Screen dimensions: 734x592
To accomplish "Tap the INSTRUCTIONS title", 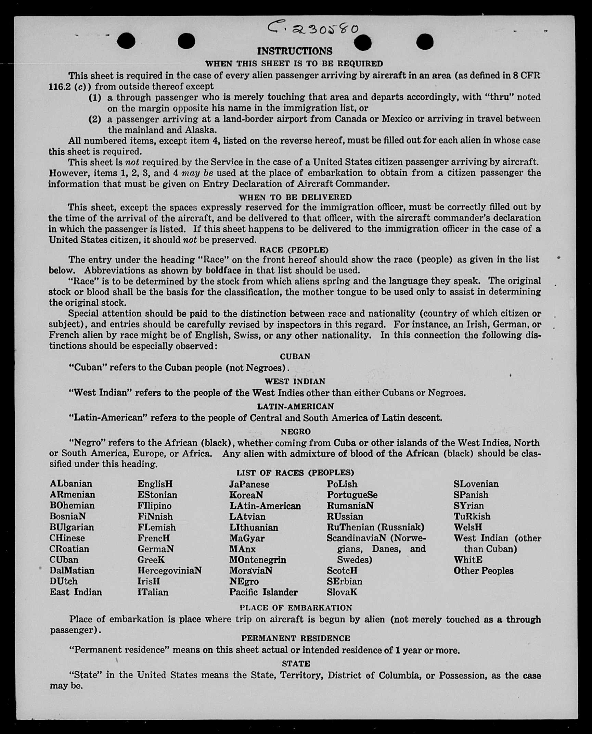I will (x=295, y=51).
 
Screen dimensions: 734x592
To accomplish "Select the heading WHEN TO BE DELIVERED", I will (x=295, y=197).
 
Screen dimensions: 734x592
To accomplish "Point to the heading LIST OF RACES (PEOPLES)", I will (x=295, y=473).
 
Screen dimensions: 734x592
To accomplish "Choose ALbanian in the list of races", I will (x=71, y=484).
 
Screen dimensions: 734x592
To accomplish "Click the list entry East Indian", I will (x=76, y=592).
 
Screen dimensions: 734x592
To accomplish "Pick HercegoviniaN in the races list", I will (x=169, y=570).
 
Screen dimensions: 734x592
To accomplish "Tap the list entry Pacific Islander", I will (x=263, y=592).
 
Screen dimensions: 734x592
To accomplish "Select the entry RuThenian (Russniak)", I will (x=375, y=527).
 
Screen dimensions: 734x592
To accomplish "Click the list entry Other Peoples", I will (x=483, y=571).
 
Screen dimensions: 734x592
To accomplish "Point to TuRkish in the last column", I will (x=472, y=516).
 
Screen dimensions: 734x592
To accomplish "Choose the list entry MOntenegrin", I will (x=258, y=560).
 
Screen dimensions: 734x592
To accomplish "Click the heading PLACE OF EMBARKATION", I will (x=296, y=608).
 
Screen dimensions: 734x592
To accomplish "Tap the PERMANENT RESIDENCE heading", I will (x=296, y=638).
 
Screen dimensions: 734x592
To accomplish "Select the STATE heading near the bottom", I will (x=296, y=663).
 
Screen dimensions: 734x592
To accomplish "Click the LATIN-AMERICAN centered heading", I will (x=295, y=406).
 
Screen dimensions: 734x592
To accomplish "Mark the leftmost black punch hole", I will (x=126, y=41).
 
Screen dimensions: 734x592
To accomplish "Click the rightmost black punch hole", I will (x=425, y=42).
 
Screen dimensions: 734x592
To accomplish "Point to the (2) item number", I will (x=95, y=119).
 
